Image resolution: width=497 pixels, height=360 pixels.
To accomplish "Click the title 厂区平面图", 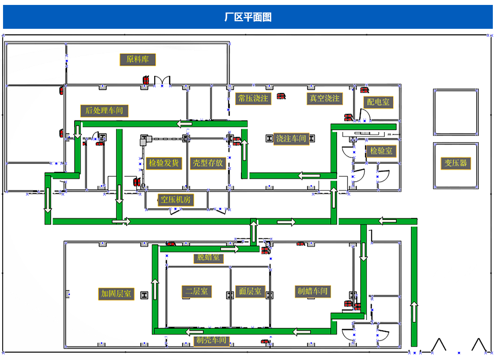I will pyautogui.click(x=248, y=17).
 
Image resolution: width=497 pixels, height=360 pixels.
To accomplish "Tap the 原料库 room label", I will pyautogui.click(x=138, y=59).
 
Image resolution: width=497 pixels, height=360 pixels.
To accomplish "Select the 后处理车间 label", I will pyautogui.click(x=104, y=111).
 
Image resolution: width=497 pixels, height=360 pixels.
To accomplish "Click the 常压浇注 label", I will pyautogui.click(x=253, y=99).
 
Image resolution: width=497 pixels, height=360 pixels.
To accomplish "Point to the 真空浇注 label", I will pyautogui.click(x=324, y=99).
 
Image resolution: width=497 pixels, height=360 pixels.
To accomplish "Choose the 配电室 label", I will pyautogui.click(x=378, y=102).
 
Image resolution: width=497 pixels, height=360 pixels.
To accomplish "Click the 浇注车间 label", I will pyautogui.click(x=291, y=139).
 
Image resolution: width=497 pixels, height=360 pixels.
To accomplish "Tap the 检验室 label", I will pyautogui.click(x=381, y=151).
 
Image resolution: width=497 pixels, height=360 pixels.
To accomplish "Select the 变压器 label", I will pyautogui.click(x=456, y=163).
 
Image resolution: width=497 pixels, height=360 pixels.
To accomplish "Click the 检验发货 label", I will pyautogui.click(x=164, y=163).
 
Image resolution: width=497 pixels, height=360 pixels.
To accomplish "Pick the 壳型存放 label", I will pyautogui.click(x=208, y=163).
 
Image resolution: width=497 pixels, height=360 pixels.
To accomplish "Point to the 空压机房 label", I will pyautogui.click(x=175, y=199).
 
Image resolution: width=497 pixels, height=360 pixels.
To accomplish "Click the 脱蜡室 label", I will pyautogui.click(x=208, y=258).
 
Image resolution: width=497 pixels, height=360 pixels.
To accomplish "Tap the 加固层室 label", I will pyautogui.click(x=116, y=294).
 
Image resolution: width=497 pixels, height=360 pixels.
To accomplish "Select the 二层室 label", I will pyautogui.click(x=197, y=291).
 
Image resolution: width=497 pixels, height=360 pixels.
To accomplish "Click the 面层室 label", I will pyautogui.click(x=250, y=291).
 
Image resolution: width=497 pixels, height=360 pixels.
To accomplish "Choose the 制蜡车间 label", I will pyautogui.click(x=313, y=291).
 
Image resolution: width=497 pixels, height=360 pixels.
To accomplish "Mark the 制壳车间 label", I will pyautogui.click(x=211, y=340).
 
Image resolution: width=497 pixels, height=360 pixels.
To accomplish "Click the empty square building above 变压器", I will pyautogui.click(x=456, y=112).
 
